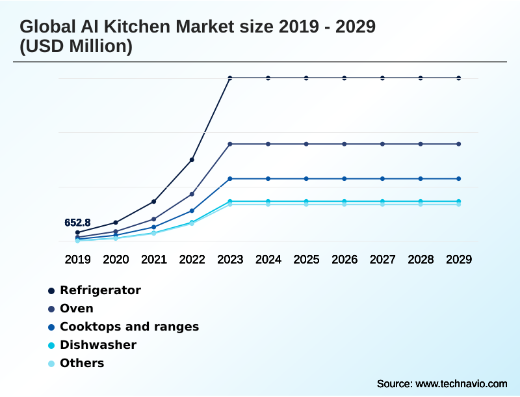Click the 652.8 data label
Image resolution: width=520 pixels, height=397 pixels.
click(x=77, y=223)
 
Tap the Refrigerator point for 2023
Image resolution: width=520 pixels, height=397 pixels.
click(x=230, y=78)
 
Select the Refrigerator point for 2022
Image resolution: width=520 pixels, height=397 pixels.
click(x=192, y=159)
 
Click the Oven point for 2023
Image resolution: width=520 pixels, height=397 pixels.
click(x=230, y=144)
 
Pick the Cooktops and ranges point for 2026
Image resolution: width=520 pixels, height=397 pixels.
click(x=344, y=178)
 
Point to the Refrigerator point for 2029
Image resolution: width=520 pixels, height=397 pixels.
click(x=459, y=78)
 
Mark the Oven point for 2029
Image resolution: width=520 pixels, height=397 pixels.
click(x=459, y=144)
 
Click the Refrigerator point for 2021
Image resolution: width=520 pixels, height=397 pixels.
click(x=154, y=201)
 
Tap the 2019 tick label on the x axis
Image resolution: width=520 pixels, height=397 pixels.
click(x=77, y=259)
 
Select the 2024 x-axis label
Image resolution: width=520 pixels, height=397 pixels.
click(x=268, y=259)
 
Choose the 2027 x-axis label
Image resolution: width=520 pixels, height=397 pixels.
click(x=383, y=259)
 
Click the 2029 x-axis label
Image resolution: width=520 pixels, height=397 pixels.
click(x=459, y=259)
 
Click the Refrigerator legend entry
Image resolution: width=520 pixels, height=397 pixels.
click(x=100, y=290)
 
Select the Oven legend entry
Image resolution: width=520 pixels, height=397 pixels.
click(x=77, y=308)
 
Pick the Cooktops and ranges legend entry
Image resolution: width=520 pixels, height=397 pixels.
click(x=129, y=327)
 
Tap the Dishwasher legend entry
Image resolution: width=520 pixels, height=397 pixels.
click(x=98, y=345)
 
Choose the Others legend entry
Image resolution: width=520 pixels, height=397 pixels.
click(x=82, y=363)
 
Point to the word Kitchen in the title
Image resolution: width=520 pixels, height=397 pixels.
click(x=138, y=27)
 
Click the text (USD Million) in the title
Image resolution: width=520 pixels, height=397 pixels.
click(x=76, y=47)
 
